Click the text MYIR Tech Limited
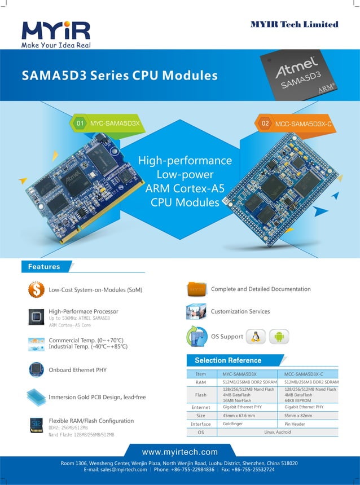point(294,24)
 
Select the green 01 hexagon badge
point(80,122)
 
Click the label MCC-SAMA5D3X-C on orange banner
point(304,123)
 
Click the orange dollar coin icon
point(36,290)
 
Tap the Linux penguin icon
point(256,337)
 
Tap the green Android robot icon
point(279,337)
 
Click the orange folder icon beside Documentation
point(196,289)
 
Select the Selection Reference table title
point(228,360)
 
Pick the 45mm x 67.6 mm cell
point(239,415)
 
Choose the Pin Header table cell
point(295,424)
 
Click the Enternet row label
point(200,407)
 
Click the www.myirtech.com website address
point(179,452)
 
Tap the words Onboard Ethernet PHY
point(77,370)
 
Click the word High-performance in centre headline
point(185,160)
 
